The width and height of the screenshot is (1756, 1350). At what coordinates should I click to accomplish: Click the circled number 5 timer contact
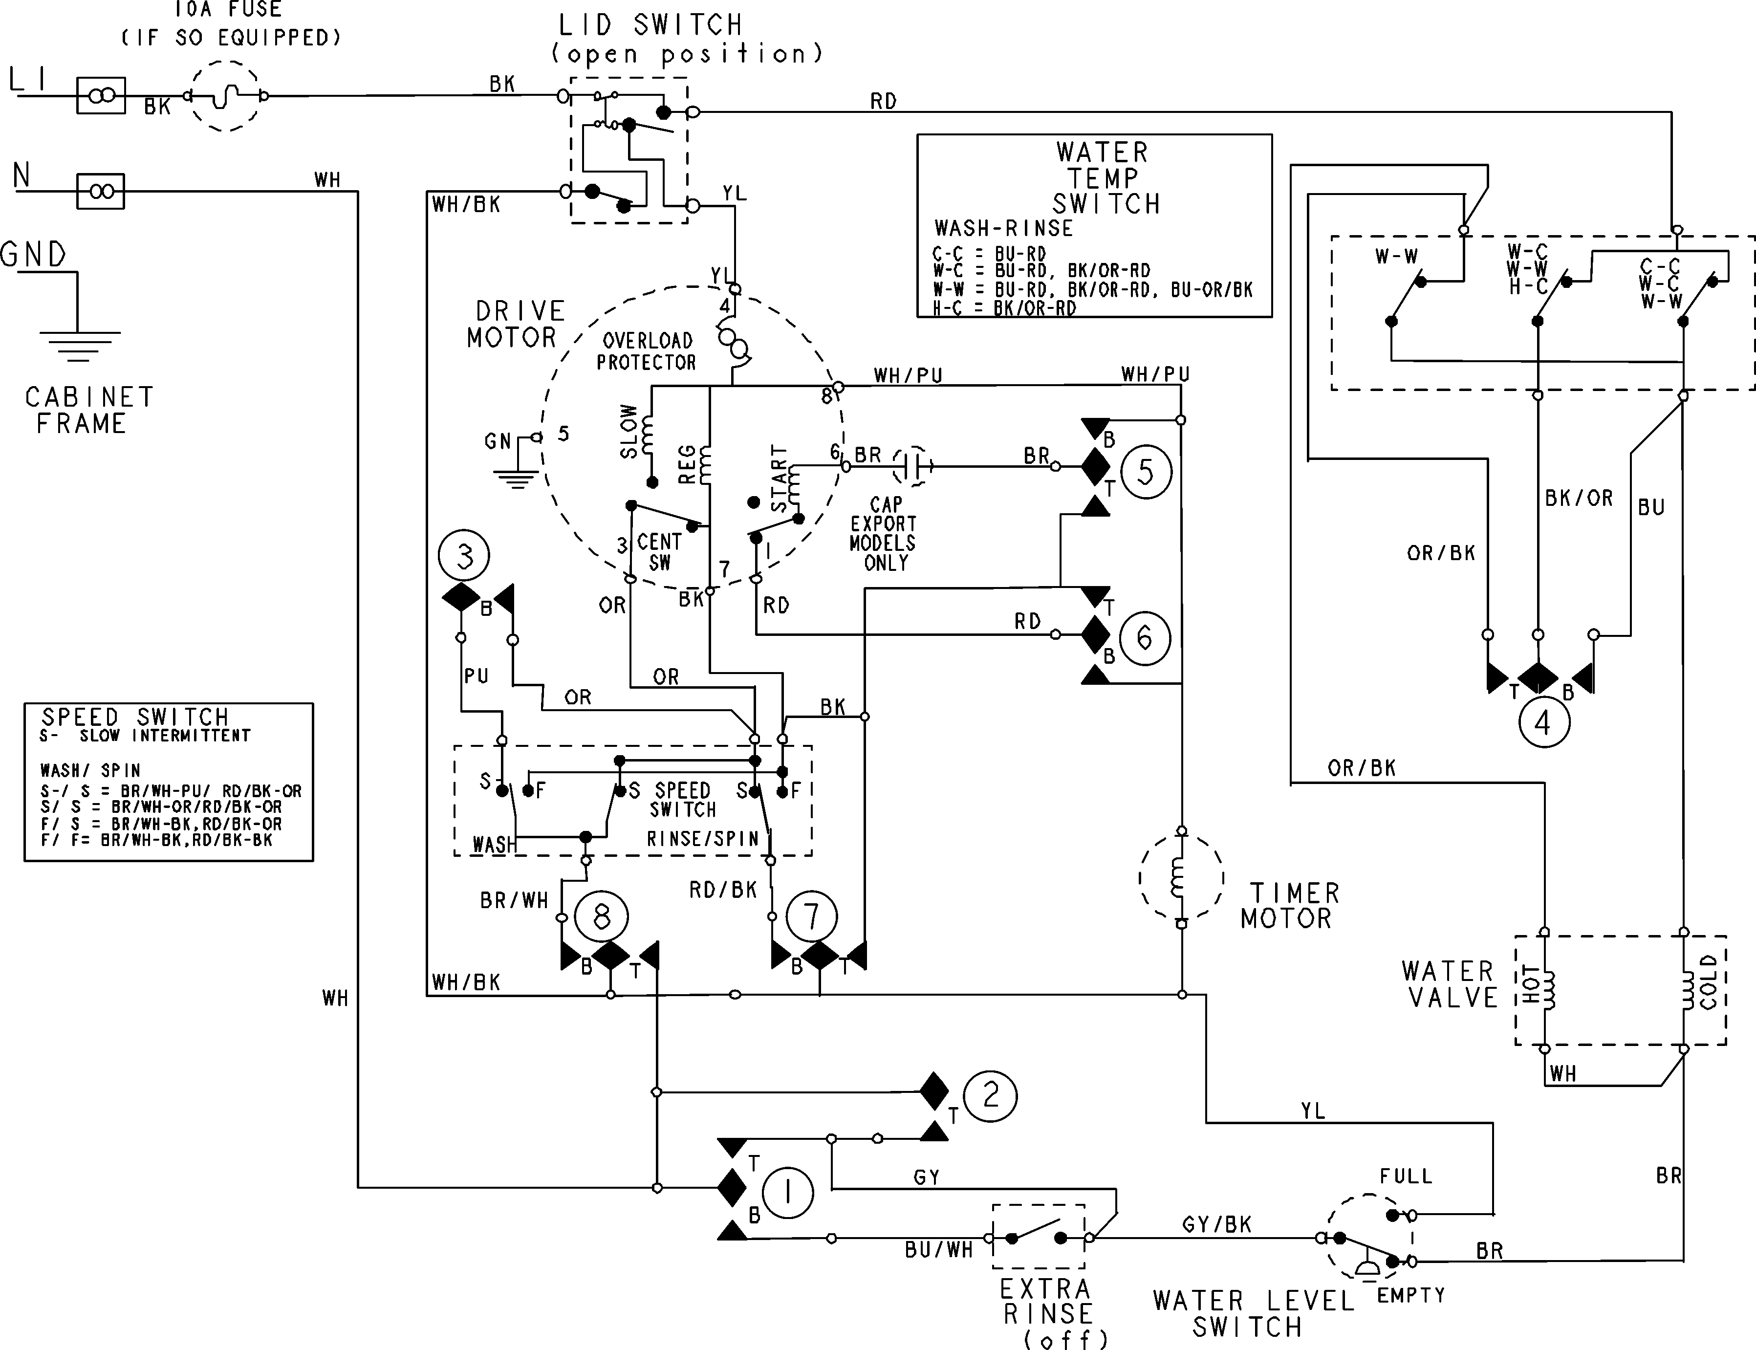[x=1146, y=473]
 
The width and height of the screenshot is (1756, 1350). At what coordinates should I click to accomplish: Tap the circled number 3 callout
[x=464, y=556]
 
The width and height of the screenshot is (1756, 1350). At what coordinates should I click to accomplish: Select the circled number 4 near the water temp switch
[x=1542, y=723]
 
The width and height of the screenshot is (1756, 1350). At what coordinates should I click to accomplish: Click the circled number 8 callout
[x=602, y=917]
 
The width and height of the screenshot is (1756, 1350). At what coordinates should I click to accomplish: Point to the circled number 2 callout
[x=991, y=1096]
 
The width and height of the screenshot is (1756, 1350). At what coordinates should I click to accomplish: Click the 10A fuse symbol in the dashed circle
[x=226, y=96]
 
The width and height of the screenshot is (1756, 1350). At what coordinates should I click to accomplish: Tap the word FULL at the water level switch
[x=1406, y=1176]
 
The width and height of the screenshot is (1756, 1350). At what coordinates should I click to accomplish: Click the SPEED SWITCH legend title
[x=135, y=717]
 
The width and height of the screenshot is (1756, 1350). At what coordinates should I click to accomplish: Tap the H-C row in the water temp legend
[x=1004, y=308]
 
